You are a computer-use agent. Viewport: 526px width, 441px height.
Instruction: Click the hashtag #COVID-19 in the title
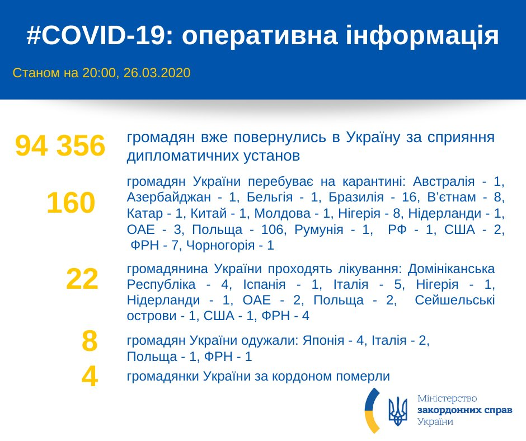(96, 36)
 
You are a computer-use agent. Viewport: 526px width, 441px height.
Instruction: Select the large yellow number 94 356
(60, 146)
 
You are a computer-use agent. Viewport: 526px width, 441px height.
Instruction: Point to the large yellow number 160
(71, 203)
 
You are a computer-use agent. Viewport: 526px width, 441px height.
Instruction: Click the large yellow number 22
(82, 279)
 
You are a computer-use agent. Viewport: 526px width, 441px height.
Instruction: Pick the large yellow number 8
(90, 341)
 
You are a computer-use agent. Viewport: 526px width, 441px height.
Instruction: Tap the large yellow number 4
(90, 377)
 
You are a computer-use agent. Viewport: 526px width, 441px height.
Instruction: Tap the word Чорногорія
(220, 245)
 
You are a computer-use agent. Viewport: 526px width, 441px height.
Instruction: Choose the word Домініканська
(452, 268)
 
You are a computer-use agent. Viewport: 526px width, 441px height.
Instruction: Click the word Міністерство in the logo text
(448, 398)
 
